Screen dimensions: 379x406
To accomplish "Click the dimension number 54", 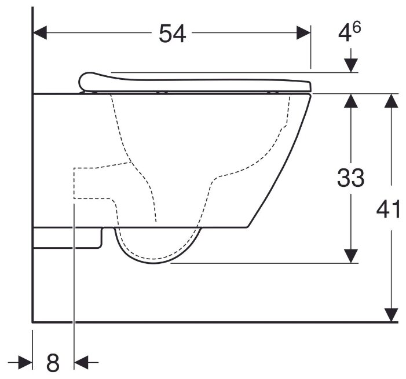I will pos(173,34).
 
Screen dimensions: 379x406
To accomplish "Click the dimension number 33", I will pos(350,178).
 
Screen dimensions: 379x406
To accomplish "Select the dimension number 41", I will pos(388,209).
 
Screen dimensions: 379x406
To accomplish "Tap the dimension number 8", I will pos(53,363).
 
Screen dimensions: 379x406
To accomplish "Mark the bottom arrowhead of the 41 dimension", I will pos(392,314).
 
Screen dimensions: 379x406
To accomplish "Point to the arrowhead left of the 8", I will pos(25,363).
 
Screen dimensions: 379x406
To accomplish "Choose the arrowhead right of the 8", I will pos(82,363).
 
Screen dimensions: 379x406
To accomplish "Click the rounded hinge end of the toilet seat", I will pos(86,80).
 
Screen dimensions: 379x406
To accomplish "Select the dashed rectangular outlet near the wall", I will pos(93,183).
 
